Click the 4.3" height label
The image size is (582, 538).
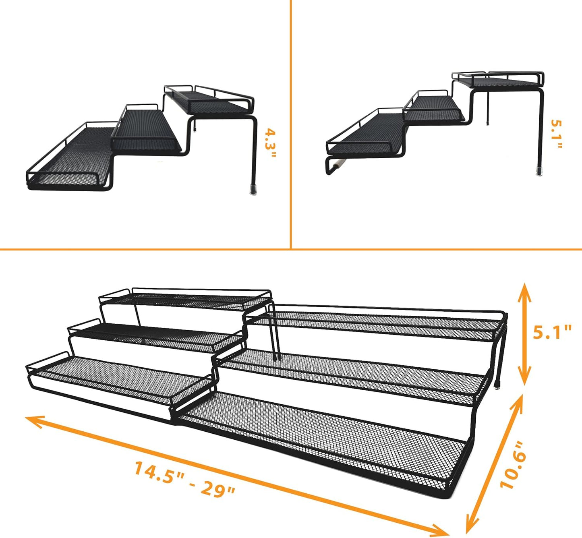tap(271, 144)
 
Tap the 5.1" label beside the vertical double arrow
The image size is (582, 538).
tap(552, 332)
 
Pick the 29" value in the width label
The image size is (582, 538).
tap(217, 489)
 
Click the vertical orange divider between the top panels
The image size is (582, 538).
tap(290, 121)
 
